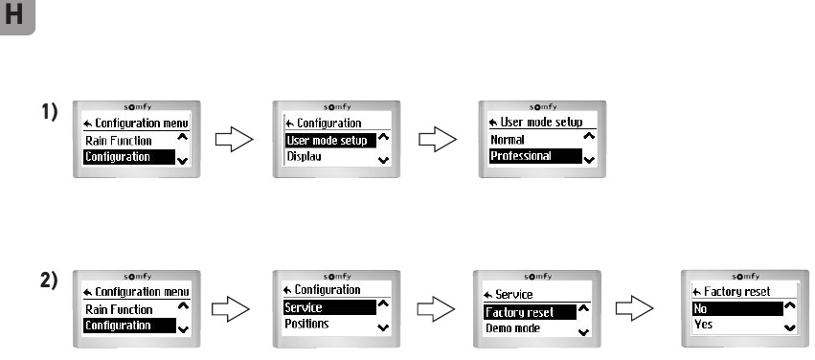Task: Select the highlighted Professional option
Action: [x=521, y=155]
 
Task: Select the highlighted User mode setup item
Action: [x=327, y=140]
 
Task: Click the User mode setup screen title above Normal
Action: [x=535, y=123]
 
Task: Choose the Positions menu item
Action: [x=308, y=324]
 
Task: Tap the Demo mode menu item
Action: [x=512, y=328]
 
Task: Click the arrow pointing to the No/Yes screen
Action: [x=636, y=308]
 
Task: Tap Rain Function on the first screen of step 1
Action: [x=119, y=140]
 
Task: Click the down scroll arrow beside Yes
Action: [x=790, y=326]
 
